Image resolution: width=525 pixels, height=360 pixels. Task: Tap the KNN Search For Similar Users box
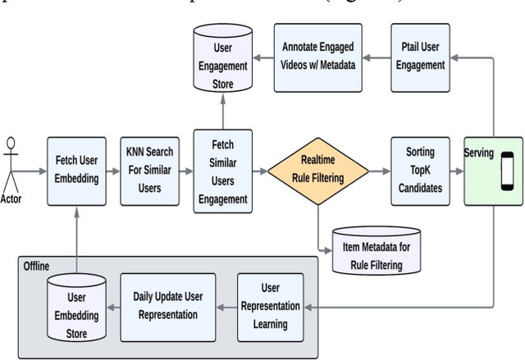(148, 171)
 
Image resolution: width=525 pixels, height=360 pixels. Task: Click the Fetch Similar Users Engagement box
(221, 171)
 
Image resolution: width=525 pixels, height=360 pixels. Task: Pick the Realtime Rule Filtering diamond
(317, 171)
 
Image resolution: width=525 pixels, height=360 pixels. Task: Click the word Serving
(478, 153)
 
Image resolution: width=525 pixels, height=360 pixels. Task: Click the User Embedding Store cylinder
(76, 308)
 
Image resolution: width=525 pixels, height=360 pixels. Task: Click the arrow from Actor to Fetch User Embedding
(33, 171)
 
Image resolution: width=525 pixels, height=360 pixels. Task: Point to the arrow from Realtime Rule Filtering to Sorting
(378, 171)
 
